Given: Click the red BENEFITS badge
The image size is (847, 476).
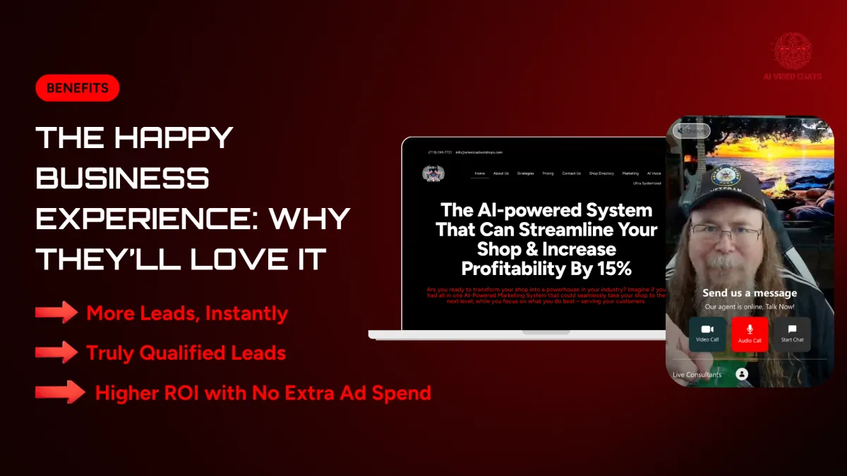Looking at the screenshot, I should coord(77,88).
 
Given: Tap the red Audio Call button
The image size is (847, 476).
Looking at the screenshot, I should coord(750,334).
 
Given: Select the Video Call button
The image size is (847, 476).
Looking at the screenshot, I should coord(707,334).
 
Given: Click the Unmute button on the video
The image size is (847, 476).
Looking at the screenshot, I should coord(691,130).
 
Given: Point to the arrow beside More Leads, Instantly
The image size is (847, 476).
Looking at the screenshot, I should coord(56,312).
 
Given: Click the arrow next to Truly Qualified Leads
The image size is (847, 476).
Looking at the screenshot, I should coord(56,352).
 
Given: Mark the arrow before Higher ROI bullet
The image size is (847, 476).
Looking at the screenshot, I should coord(60,392).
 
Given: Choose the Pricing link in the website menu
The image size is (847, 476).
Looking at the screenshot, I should coord(548,173).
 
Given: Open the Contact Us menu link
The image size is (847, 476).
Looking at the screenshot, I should coord(571,173).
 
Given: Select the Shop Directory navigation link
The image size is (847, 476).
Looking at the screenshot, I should coord(601,173).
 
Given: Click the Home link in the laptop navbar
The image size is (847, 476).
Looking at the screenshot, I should coord(480,173).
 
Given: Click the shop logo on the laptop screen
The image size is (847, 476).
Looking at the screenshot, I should coord(433,173).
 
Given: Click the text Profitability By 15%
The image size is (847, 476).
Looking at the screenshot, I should coord(546,269).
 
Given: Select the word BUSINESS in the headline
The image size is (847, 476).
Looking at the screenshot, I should coord(122,178).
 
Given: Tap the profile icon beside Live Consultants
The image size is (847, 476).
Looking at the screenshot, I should coord(741,374).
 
